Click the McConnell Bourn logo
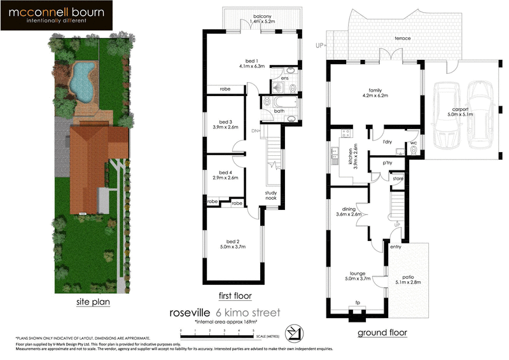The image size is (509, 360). coord(57,16)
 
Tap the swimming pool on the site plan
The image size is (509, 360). coord(81,83)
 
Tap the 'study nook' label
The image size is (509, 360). coord(272,195)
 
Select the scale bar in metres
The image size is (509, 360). coord(217,331)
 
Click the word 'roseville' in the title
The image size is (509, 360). coord(190,313)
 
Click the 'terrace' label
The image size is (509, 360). coord(402,39)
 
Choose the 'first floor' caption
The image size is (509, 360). coord(234,296)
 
